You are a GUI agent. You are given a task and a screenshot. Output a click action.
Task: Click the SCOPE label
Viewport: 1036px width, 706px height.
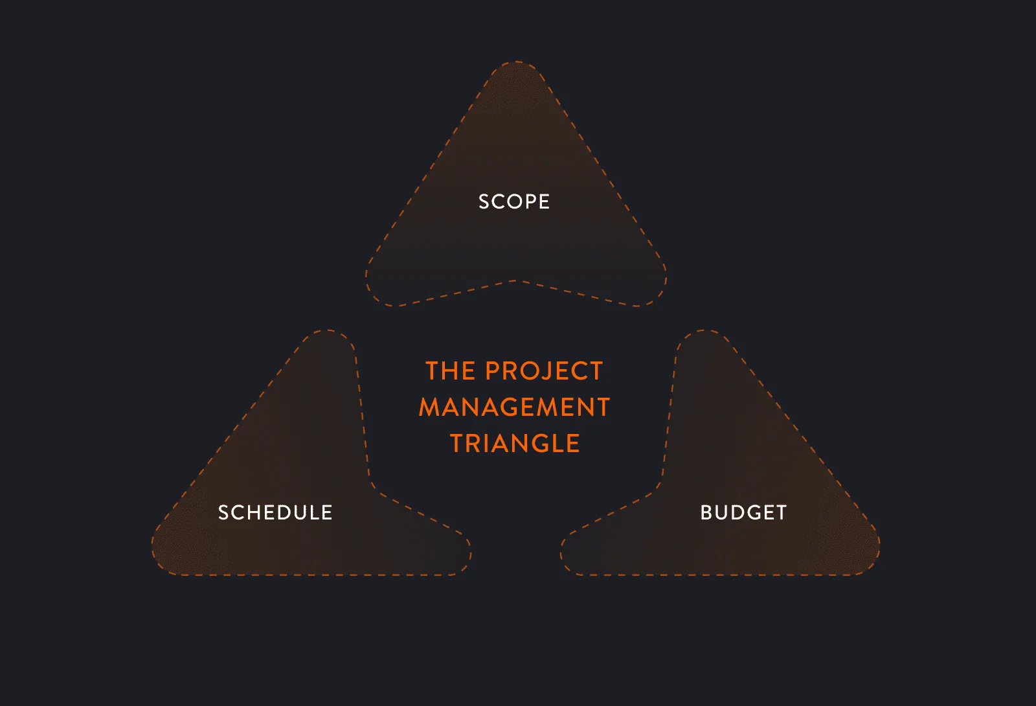coord(514,201)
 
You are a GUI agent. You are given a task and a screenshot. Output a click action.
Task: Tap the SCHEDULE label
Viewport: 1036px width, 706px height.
coord(275,512)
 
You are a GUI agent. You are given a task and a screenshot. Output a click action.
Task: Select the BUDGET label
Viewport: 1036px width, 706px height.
coord(744,512)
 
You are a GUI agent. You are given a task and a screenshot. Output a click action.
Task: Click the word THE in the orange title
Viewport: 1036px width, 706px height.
coord(450,371)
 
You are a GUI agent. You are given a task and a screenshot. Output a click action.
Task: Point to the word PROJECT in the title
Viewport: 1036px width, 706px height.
coord(545,371)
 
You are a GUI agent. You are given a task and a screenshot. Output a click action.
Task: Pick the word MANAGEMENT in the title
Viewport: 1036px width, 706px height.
coord(514,407)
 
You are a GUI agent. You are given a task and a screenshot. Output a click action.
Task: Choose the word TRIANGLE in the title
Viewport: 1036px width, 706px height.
coord(515,443)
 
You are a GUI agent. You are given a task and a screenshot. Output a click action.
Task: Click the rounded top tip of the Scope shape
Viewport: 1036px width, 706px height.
coord(516,62)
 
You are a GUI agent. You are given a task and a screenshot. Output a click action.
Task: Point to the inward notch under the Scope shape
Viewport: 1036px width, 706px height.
coord(515,280)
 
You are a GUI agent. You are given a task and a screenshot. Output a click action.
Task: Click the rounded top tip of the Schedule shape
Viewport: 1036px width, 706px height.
coord(328,330)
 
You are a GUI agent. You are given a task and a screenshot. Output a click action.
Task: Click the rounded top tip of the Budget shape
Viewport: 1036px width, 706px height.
coord(703,330)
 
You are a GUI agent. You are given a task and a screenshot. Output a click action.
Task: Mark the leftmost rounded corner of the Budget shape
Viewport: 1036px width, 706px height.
coord(564,555)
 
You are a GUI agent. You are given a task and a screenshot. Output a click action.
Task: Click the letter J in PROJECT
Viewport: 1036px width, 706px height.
coord(548,371)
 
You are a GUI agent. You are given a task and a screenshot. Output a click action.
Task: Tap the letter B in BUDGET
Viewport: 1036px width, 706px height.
coord(706,512)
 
